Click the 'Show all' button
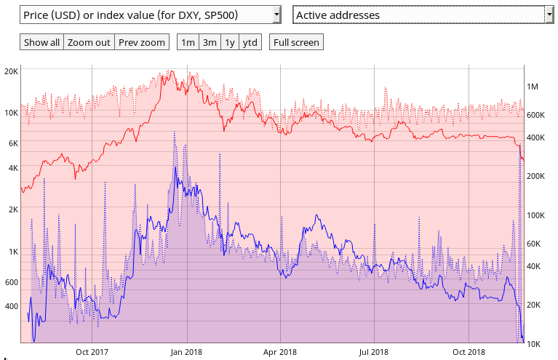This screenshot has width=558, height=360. [x=41, y=42]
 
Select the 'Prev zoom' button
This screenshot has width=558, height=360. [x=142, y=42]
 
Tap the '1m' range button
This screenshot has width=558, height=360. [x=188, y=42]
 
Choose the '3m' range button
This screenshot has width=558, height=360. [x=210, y=42]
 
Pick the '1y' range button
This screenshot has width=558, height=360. [x=230, y=42]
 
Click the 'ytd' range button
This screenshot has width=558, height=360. [x=250, y=42]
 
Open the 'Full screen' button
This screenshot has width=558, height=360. [x=295, y=42]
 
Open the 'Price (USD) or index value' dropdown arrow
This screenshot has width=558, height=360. [x=276, y=15]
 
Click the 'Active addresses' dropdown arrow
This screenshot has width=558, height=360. [x=549, y=15]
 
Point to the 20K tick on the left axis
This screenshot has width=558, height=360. [x=11, y=71]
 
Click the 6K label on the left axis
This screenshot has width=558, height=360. [x=12, y=144]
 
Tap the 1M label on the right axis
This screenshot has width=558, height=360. [x=532, y=87]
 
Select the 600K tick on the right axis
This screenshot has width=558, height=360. [x=536, y=116]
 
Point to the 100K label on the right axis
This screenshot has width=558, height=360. [x=536, y=215]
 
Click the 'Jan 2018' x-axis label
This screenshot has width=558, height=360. [x=186, y=352]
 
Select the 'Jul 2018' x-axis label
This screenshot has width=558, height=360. [x=374, y=352]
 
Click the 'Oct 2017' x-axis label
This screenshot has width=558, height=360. [x=92, y=352]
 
